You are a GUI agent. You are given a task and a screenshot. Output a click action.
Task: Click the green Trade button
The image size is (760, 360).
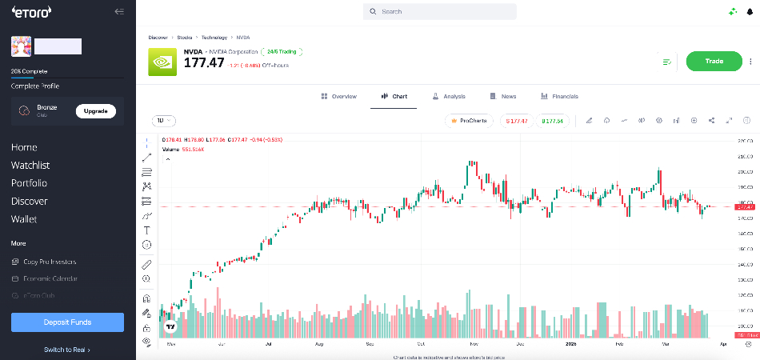tap(714, 62)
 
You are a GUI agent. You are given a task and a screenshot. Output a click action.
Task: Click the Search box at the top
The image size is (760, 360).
tap(439, 12)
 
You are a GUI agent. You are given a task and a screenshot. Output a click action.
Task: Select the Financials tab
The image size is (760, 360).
tap(559, 96)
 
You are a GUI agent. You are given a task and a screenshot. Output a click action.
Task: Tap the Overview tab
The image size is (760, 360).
tap(338, 96)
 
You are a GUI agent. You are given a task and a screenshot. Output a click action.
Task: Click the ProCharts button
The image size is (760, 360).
tap(470, 121)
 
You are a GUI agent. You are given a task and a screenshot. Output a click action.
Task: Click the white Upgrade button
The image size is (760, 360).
tap(95, 111)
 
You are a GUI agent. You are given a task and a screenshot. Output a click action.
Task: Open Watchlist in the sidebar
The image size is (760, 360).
tap(30, 166)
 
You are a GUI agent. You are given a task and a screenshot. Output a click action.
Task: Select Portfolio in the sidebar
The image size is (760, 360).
tap(29, 183)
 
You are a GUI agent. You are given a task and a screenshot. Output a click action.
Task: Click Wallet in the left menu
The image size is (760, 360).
tap(24, 219)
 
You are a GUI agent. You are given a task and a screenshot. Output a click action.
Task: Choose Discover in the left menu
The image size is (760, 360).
tap(29, 202)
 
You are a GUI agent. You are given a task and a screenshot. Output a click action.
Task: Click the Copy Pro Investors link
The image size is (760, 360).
tap(50, 262)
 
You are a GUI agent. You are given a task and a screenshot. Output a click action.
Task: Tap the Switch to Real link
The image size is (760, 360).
tap(67, 350)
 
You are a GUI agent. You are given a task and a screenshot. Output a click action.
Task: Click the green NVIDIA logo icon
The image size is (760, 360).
tap(163, 62)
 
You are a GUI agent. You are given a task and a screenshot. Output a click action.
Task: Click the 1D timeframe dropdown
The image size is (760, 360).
tap(163, 121)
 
